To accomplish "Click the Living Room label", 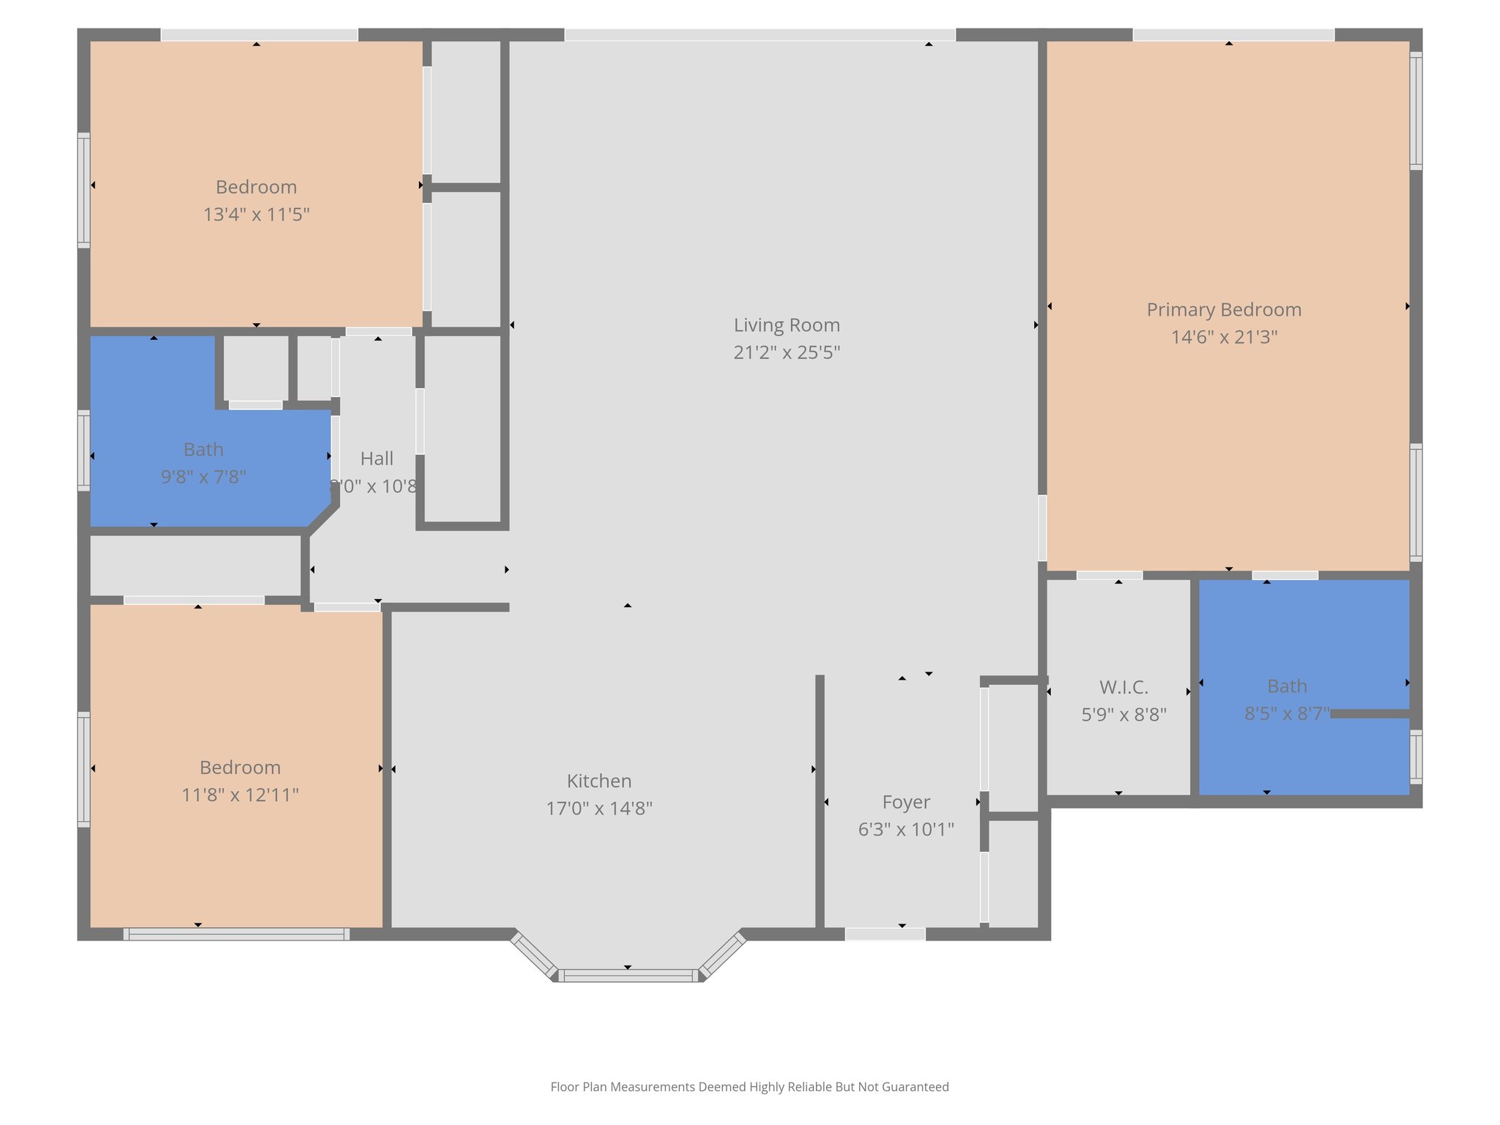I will coord(787,325).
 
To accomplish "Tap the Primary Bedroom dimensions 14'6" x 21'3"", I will coord(1224,338).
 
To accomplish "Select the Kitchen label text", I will coord(598,781).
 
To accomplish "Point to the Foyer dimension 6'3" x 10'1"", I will coord(906,830).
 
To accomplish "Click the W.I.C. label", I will coord(1124,687).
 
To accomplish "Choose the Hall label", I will coord(376,458).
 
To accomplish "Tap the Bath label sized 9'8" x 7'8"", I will coord(203,449).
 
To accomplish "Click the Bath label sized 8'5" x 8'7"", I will coord(1287,686).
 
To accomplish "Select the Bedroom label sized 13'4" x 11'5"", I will coord(256,187).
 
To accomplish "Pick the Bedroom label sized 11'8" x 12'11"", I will coord(240,768).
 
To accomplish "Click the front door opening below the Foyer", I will coord(885,934).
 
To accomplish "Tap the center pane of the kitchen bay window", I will coord(628,976).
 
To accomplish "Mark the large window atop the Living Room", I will coord(760,34).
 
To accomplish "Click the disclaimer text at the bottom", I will coord(749,1087).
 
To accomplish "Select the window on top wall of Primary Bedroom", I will coord(1233,34).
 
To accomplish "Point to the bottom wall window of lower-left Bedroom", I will coord(236,934).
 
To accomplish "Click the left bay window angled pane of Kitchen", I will coord(533,955).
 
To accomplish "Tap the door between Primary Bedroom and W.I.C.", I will coord(1109,575).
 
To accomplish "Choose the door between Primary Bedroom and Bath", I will coord(1285,575).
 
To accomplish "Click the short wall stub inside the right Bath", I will coord(1370,713).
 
